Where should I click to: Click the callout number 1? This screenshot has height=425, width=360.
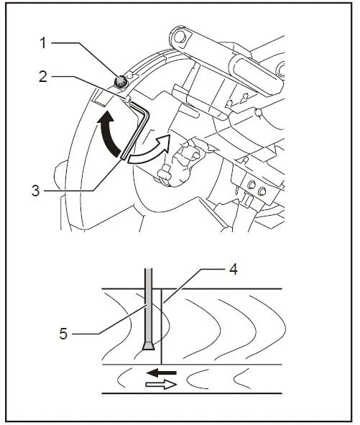point(42,42)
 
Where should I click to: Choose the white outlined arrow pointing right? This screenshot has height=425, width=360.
point(159,385)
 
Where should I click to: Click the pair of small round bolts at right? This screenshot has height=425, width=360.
point(255,188)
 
